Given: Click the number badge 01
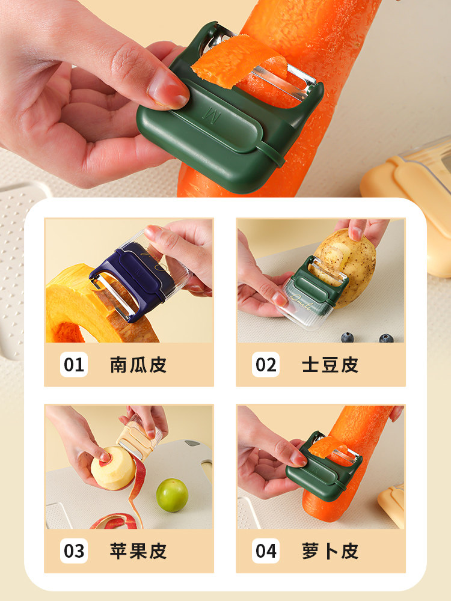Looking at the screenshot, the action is click(x=74, y=364).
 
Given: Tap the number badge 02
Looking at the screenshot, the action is click(x=266, y=364).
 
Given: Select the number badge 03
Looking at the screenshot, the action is click(x=74, y=551).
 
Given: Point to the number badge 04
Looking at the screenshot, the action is click(x=266, y=551).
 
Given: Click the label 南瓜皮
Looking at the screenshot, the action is click(x=138, y=365).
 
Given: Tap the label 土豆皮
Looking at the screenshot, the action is click(x=330, y=365).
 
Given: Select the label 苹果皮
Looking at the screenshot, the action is click(x=138, y=551).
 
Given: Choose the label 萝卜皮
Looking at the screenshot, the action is click(x=330, y=551).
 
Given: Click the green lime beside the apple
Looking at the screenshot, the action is click(x=172, y=495).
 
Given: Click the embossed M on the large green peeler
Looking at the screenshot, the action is click(x=212, y=115).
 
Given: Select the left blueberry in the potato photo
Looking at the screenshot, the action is click(x=348, y=337).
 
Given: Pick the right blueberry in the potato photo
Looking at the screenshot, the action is click(x=386, y=338).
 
